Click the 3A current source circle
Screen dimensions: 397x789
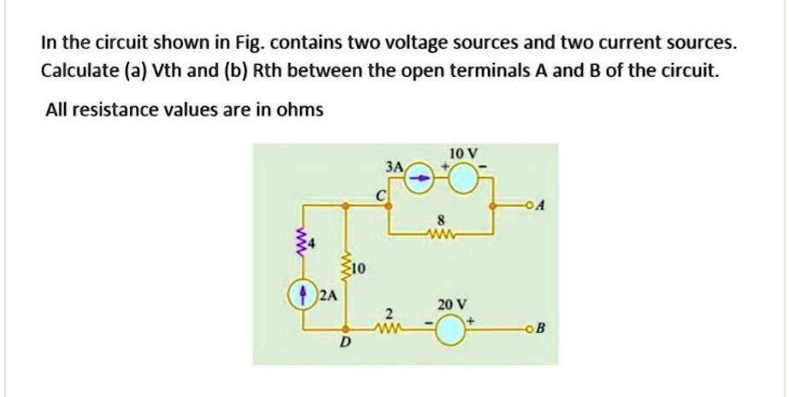pos(420,178)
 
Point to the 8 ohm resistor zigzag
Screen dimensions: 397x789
pos(442,231)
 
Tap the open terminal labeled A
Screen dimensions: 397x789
pos(531,207)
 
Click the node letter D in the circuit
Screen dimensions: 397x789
pos(345,344)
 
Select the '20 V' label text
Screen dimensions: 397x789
pos(451,304)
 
